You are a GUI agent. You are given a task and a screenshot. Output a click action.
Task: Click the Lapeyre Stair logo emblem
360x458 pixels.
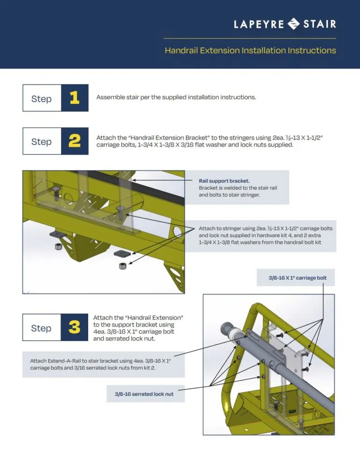tap(293, 23)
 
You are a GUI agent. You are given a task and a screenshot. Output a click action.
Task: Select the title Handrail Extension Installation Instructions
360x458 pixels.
tap(250, 50)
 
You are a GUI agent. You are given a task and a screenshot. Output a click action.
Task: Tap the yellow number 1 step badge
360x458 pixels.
tap(75, 98)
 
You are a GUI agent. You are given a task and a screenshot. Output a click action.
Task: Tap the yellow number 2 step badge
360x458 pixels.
tap(75, 141)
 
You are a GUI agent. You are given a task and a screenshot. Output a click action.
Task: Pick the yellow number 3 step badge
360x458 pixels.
tap(75, 327)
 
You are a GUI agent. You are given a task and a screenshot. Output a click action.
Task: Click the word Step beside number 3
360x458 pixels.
tap(41, 328)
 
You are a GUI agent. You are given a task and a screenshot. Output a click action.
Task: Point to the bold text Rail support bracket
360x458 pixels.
tap(224, 180)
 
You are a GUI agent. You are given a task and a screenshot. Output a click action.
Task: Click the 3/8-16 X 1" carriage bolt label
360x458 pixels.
tap(298, 278)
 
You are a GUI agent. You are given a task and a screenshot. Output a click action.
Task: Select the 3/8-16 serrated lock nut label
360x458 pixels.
tap(144, 394)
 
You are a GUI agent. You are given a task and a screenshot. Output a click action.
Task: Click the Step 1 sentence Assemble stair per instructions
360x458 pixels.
tap(176, 97)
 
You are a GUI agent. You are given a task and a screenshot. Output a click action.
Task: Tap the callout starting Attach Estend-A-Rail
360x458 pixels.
tap(103, 364)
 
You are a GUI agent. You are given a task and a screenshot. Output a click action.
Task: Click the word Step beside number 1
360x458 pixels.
tap(41, 98)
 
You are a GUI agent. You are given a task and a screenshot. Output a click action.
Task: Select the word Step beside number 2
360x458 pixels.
tap(41, 141)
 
